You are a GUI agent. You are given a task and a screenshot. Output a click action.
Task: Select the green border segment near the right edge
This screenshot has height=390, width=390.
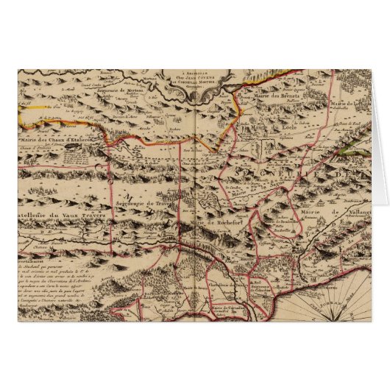click(355, 152)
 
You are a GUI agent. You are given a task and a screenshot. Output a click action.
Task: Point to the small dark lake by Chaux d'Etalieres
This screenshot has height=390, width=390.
click(71, 147)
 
